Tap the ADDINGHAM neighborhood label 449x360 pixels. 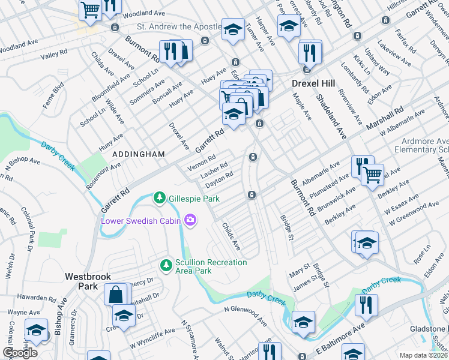click(139, 154)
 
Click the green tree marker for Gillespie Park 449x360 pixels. click(159, 197)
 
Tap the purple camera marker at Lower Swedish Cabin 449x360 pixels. click(191, 220)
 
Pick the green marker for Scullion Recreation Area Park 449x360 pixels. click(166, 264)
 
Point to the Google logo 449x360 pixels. click(20, 353)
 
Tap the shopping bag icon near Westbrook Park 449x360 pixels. click(115, 295)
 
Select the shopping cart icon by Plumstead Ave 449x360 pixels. click(372, 175)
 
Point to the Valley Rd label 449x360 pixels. click(53, 56)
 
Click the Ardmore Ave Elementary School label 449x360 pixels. click(426, 146)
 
